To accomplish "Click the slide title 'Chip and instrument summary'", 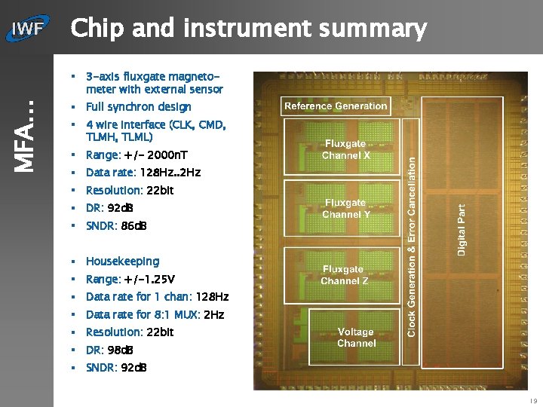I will (x=248, y=29).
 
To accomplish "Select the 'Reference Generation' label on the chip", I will (x=336, y=106).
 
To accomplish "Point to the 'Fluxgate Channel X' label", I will (x=345, y=149).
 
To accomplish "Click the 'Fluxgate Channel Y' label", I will (x=345, y=209).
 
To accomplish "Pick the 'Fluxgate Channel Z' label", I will (x=345, y=275).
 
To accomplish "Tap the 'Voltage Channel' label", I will (x=356, y=338).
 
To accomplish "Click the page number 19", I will (x=533, y=401).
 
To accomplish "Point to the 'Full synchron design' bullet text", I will (x=138, y=107).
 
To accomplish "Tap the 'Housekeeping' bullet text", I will (x=122, y=262).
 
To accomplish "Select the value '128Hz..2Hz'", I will (x=170, y=173).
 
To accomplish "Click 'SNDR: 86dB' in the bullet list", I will (x=116, y=226).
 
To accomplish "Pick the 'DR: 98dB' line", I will (x=111, y=350).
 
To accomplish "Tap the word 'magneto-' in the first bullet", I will (x=195, y=77).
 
